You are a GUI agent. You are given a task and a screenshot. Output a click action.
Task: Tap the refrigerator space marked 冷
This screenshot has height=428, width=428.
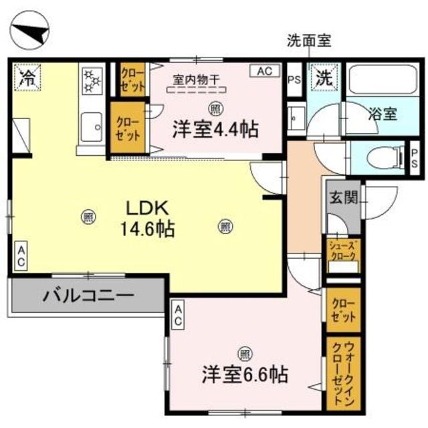click(27, 77)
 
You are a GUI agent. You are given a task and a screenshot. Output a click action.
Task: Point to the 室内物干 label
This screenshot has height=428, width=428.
click(196, 80)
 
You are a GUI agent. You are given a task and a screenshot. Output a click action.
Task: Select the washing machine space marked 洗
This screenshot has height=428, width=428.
click(324, 77)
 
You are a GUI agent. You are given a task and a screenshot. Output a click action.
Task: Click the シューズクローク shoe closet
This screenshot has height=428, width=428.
click(343, 255)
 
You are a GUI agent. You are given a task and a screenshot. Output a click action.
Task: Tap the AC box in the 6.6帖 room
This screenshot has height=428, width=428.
click(179, 314)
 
